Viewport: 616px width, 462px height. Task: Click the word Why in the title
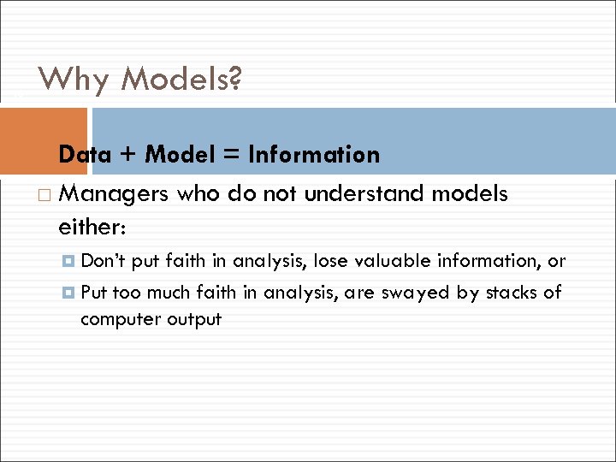click(x=74, y=80)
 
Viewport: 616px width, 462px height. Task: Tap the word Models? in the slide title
click(x=181, y=80)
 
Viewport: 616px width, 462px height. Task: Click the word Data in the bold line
click(x=85, y=155)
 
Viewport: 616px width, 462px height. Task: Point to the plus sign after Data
click(x=127, y=156)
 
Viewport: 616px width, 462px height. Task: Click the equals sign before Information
click(x=230, y=156)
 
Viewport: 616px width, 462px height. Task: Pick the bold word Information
click(x=313, y=155)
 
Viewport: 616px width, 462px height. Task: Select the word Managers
click(x=115, y=195)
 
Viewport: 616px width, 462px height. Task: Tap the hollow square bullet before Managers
click(x=44, y=196)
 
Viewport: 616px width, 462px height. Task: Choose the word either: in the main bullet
click(x=92, y=228)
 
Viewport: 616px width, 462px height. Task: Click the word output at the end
click(x=194, y=320)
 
